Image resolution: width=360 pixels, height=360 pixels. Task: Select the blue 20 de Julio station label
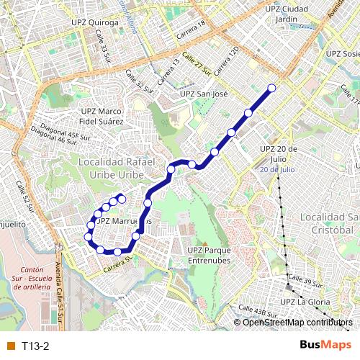point(278,169)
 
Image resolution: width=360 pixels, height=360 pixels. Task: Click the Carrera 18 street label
point(192,28)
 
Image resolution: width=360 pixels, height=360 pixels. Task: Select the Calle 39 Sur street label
point(304,278)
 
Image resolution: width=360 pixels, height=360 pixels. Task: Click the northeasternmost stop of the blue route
point(272,89)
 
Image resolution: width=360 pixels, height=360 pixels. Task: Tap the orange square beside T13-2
point(10,346)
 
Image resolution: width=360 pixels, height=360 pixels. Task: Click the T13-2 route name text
point(35,346)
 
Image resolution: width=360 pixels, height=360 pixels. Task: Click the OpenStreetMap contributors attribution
point(297,322)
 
